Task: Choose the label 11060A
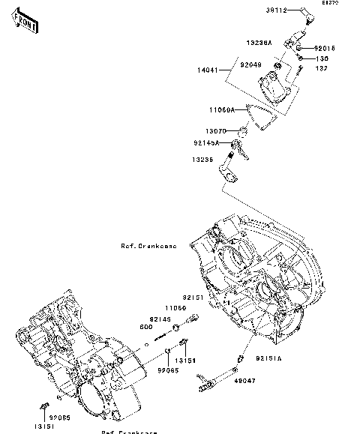(x=222, y=109)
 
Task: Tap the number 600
(x=146, y=327)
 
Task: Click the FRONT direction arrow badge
(x=25, y=24)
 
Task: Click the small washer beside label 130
(x=300, y=58)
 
